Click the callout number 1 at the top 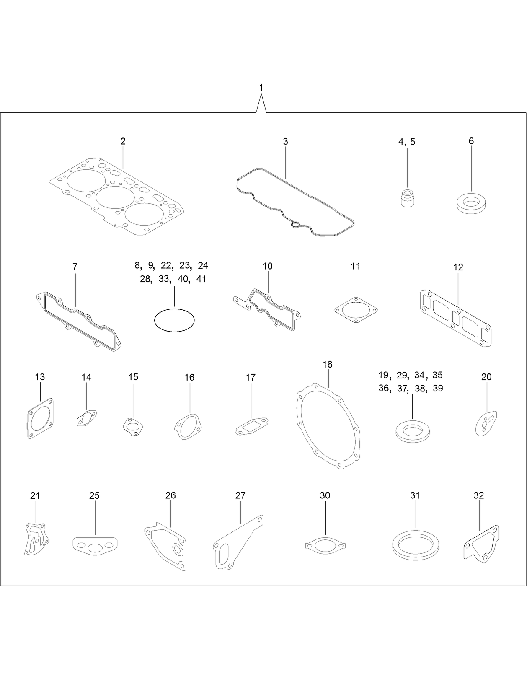click(261, 88)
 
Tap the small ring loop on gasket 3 click(296, 225)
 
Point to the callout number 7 click(75, 267)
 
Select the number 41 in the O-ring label click(201, 279)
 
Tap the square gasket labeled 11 click(356, 311)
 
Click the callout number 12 click(458, 267)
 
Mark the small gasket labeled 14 click(86, 418)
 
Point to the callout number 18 click(328, 364)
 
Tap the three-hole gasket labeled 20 click(486, 423)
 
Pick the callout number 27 click(240, 495)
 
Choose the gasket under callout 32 click(482, 543)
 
